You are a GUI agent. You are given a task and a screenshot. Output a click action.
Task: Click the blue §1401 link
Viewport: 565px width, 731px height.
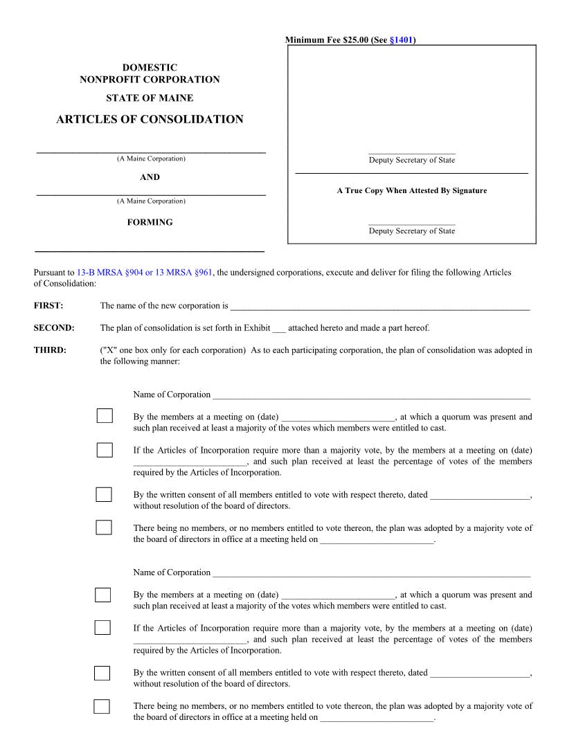point(402,40)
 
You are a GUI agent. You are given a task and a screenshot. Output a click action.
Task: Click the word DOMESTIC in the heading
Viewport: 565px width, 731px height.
point(150,67)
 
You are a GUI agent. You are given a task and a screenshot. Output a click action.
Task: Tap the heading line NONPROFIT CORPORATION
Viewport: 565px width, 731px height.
point(150,80)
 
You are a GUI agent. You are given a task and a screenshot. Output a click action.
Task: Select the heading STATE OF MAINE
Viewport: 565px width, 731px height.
point(150,98)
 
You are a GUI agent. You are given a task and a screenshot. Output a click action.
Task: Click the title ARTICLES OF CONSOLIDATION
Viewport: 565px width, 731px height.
point(150,119)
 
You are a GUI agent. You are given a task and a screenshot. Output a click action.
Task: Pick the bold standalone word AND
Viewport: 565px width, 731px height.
point(150,177)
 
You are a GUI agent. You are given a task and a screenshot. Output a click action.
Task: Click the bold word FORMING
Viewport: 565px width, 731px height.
point(150,222)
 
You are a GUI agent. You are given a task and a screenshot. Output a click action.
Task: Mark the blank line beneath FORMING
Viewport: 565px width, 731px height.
point(150,250)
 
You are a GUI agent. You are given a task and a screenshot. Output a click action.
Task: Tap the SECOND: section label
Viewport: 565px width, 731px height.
point(54,327)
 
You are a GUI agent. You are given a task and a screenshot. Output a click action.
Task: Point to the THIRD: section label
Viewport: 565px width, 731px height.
point(50,350)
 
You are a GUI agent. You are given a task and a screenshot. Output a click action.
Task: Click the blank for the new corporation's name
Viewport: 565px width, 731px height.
point(380,307)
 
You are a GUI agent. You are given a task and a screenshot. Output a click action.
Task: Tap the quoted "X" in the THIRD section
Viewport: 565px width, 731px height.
point(109,350)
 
